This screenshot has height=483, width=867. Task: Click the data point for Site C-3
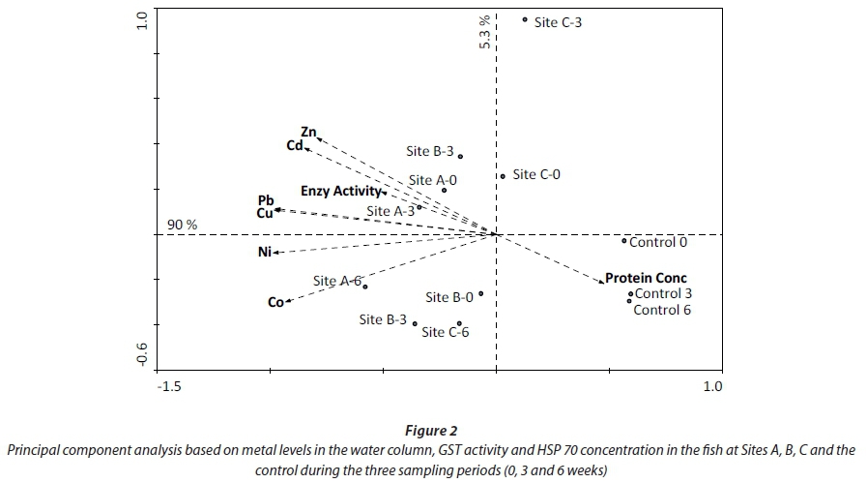point(525,19)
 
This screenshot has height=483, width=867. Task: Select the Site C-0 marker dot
point(503,176)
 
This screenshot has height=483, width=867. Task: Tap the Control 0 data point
point(624,241)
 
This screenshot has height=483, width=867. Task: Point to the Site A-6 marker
point(365,287)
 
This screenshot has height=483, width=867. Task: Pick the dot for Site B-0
point(480,294)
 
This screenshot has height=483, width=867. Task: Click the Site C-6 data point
point(459,324)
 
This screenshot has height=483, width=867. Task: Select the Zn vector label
point(308,132)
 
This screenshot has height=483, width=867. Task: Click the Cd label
point(295,146)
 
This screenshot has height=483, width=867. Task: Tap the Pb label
point(266,200)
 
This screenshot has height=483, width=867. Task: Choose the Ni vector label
point(265,253)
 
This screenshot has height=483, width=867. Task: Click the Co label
point(275,303)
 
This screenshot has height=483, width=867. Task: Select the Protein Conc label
point(646,278)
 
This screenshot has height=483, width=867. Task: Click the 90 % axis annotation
point(183,225)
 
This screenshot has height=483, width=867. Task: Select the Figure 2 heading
point(432,431)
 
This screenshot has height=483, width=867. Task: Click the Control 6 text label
point(662,310)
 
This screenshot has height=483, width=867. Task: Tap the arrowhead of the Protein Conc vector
point(601,282)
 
